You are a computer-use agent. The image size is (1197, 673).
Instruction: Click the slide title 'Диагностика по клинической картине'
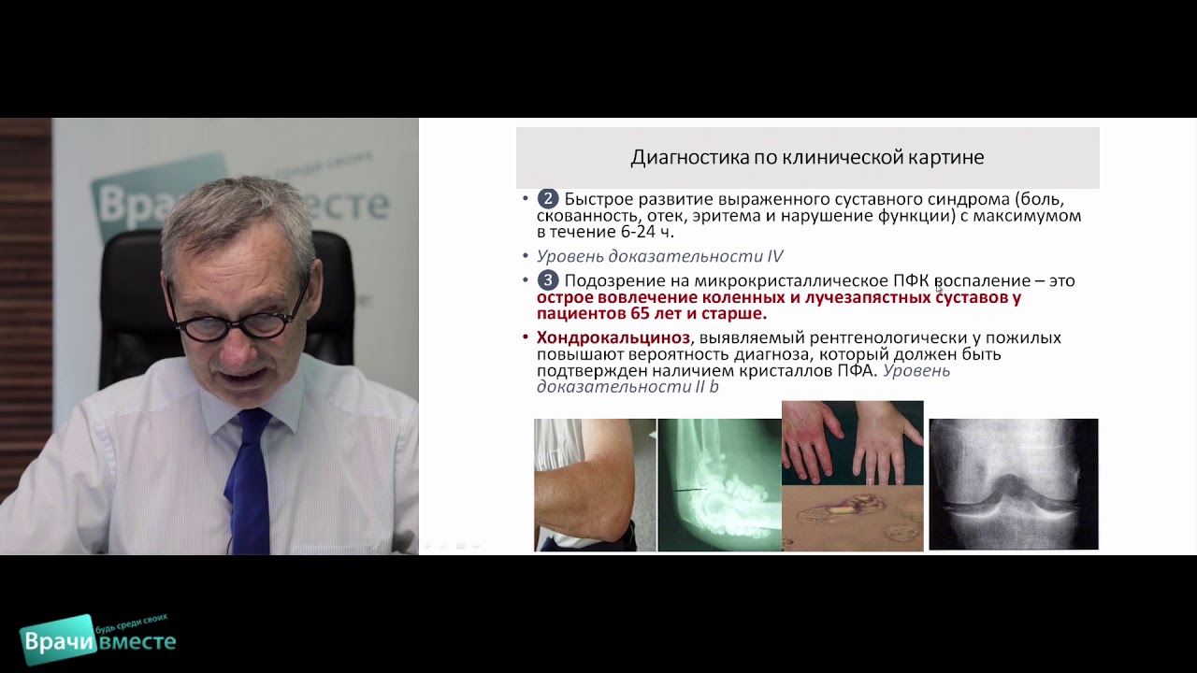coord(807,157)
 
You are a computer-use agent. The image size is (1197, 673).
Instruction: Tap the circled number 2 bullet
coord(548,199)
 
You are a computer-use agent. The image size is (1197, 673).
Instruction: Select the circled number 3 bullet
coord(548,280)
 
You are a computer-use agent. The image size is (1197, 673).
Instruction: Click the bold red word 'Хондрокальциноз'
coord(613,337)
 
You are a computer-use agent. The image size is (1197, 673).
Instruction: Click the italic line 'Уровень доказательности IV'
coord(659,256)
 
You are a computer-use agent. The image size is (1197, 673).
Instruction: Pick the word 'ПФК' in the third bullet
coord(909,280)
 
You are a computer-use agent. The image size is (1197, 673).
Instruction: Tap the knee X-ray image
coord(1013,483)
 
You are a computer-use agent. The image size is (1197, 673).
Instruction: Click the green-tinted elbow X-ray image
coord(719,484)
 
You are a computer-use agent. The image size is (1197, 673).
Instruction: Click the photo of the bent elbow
coord(595,484)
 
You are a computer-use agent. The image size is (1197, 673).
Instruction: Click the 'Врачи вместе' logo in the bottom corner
coord(97,641)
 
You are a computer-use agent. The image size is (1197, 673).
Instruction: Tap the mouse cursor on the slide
coord(938,287)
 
